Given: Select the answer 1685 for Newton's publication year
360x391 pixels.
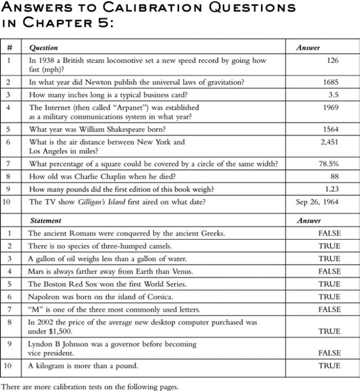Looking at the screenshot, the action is [330, 83].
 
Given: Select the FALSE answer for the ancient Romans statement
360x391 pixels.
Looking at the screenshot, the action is [329, 233].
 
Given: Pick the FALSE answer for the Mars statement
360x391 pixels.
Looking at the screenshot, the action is [329, 271].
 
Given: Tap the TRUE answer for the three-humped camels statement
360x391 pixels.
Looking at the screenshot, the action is [329, 246].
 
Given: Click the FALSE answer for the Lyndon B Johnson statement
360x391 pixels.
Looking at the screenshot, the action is [329, 352].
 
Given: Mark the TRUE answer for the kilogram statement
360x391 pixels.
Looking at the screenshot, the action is [329, 365].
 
